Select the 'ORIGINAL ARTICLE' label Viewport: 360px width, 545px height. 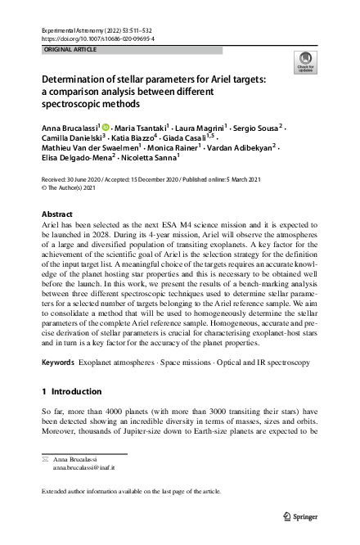pos(65,50)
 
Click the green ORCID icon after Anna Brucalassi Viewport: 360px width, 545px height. pos(106,128)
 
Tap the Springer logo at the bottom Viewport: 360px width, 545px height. pos(301,517)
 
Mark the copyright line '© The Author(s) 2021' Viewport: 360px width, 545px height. pos(71,186)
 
